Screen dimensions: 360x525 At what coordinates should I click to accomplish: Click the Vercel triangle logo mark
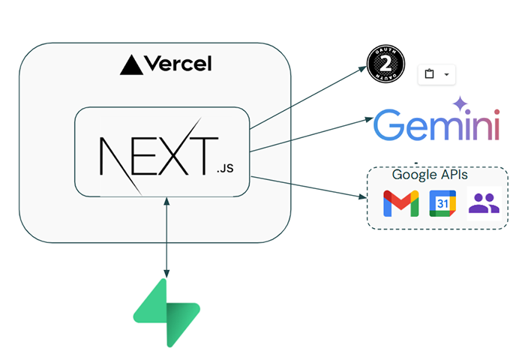(x=131, y=65)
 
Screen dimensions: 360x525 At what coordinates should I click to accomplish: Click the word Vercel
(x=177, y=64)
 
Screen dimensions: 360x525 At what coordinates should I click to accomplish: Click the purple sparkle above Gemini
(x=459, y=103)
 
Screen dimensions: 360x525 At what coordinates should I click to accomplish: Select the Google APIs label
(x=430, y=175)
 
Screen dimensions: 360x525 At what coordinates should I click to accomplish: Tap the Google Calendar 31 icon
(x=442, y=203)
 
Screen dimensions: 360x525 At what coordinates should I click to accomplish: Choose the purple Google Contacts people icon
(x=484, y=202)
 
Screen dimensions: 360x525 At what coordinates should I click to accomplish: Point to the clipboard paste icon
(x=429, y=73)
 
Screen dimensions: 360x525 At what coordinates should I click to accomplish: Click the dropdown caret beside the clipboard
(x=447, y=73)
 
